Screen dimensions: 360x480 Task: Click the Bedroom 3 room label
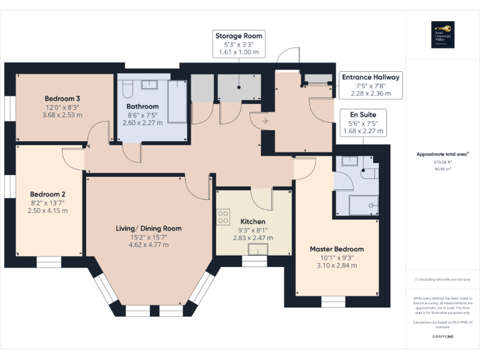(62, 99)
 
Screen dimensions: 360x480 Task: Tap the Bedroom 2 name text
(47, 194)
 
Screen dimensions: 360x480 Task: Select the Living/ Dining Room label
(149, 228)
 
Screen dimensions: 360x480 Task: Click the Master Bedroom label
(336, 249)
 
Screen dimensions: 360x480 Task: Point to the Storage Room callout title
(238, 36)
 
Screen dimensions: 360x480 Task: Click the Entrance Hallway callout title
(369, 77)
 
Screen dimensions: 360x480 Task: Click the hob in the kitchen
(222, 216)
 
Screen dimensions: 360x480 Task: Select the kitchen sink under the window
(257, 250)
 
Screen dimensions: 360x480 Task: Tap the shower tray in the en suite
(364, 203)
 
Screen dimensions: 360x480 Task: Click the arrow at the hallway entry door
(265, 121)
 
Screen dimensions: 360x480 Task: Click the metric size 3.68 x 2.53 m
(62, 115)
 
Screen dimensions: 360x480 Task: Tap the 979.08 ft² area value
(443, 161)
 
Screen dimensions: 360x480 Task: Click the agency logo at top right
(442, 35)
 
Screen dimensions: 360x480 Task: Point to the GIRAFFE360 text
(443, 337)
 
